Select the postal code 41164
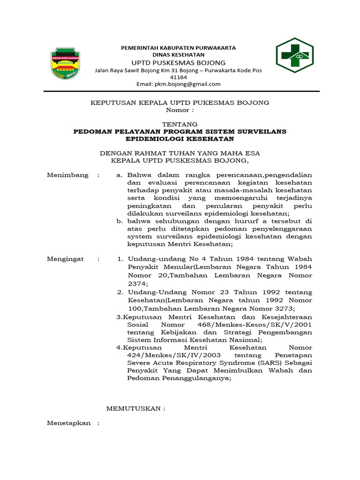tap(178, 77)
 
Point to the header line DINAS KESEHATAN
tap(179, 55)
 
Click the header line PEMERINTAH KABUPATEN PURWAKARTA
tap(179, 48)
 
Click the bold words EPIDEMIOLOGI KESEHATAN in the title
tap(180, 139)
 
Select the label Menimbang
tap(67, 175)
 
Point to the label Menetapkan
tap(68, 423)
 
